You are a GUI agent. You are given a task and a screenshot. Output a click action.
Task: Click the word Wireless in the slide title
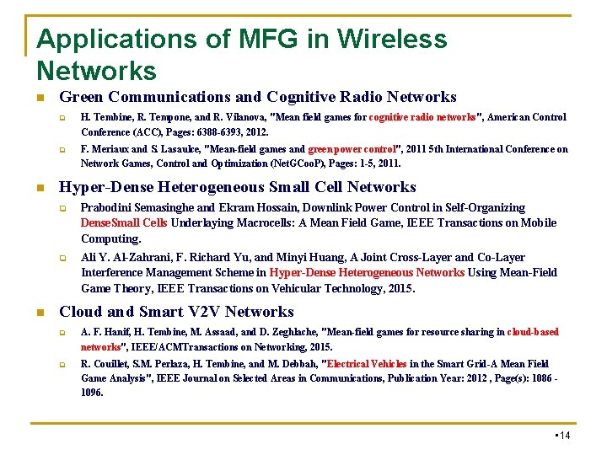392,39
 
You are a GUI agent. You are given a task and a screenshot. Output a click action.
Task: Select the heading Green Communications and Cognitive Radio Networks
257,97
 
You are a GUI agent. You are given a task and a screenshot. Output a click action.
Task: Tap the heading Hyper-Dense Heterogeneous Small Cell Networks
237,187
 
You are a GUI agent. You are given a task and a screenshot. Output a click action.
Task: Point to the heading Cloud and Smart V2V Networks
176,312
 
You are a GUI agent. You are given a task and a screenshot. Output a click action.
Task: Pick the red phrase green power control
347,149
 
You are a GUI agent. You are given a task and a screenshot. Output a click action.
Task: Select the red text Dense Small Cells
124,223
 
